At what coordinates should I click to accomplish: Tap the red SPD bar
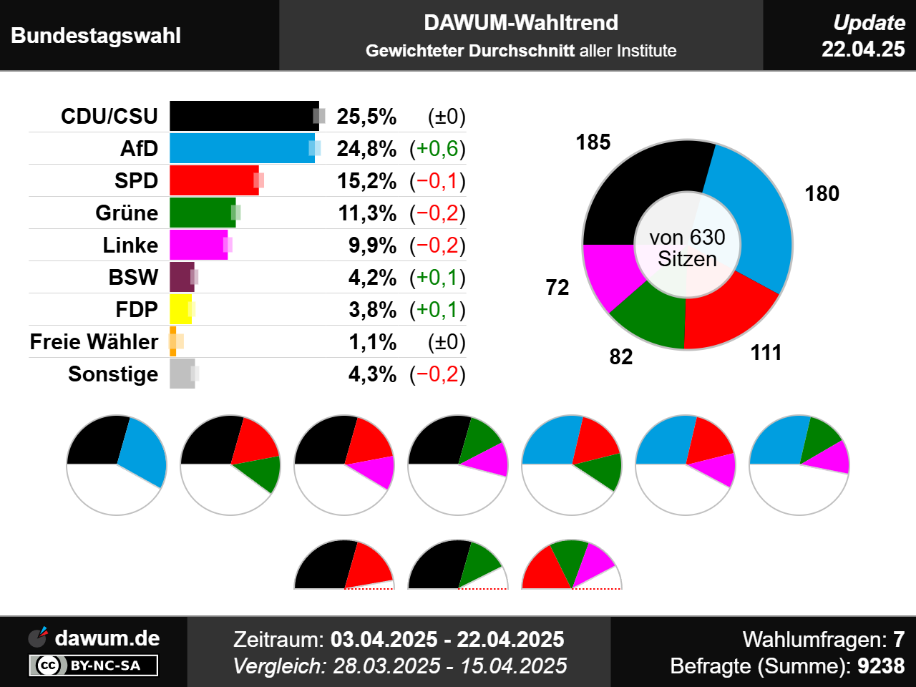(x=213, y=180)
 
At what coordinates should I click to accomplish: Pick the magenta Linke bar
(x=198, y=245)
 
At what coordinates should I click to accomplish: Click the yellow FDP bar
(x=180, y=309)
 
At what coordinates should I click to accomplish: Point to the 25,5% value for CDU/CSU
(x=366, y=117)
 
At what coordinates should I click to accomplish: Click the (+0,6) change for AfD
(x=437, y=149)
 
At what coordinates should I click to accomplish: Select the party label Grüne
(x=127, y=213)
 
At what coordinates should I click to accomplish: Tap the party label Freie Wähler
(x=94, y=342)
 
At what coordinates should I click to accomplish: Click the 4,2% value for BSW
(x=372, y=278)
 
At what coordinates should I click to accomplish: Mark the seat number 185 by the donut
(x=593, y=142)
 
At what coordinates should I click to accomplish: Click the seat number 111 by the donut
(x=766, y=353)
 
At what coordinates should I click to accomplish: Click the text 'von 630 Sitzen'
(x=687, y=248)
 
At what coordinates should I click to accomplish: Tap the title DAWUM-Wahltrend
(x=521, y=23)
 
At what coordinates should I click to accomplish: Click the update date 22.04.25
(x=863, y=49)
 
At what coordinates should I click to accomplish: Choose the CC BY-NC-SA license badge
(x=93, y=666)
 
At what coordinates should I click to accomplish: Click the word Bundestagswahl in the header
(x=96, y=36)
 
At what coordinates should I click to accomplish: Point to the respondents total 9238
(x=881, y=666)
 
